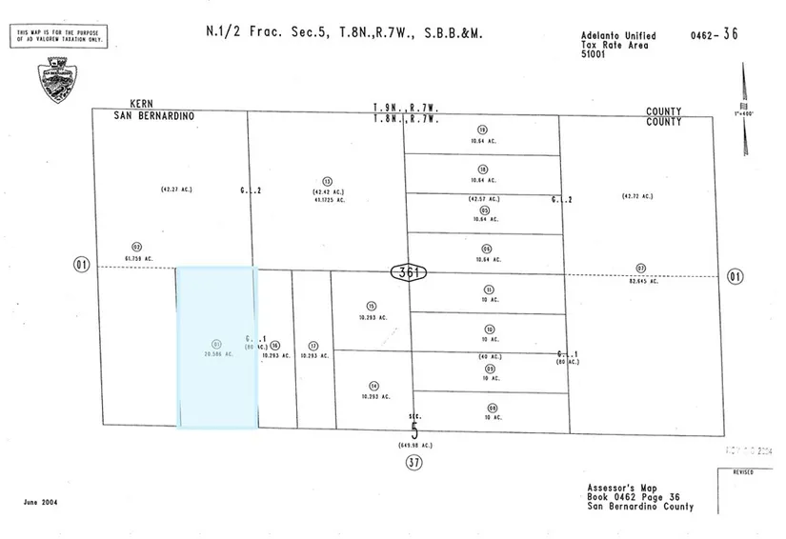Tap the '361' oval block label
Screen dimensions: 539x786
click(409, 272)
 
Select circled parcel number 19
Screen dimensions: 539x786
click(483, 130)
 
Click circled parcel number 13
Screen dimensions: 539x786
click(327, 181)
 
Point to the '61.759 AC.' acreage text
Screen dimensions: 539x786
click(139, 258)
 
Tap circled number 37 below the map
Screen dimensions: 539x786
click(413, 463)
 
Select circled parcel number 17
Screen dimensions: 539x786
click(313, 346)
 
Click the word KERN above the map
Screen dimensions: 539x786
click(141, 104)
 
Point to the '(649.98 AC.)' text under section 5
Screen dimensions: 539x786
click(414, 446)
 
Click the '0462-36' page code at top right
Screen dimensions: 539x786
click(715, 35)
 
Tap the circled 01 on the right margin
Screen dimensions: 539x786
click(734, 277)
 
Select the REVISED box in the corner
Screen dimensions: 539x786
click(743, 472)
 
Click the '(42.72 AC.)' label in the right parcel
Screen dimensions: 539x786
click(636, 196)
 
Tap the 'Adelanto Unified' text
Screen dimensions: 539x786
click(618, 36)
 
